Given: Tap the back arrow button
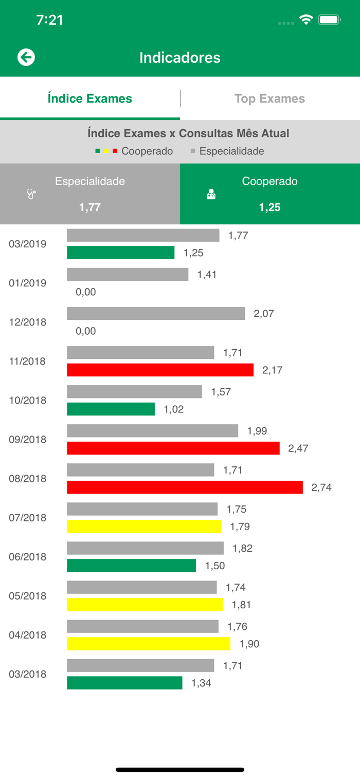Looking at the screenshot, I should [26, 57].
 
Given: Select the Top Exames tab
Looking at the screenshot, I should [269, 99].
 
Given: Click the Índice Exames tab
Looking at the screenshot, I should [90, 99].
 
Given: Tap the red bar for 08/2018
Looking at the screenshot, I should [185, 487].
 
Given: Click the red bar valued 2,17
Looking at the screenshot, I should [160, 370].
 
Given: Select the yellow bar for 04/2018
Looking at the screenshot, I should [149, 643].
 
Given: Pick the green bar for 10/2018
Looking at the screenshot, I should [111, 409].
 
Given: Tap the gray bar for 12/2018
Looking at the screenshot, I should [156, 313].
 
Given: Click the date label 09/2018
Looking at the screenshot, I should [27, 440].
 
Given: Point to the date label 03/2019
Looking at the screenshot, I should [27, 244].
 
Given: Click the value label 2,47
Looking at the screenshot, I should [298, 448].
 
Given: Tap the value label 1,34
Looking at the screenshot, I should [201, 683].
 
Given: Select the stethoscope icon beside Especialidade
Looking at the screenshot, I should [31, 194].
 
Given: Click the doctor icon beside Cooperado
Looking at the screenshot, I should [211, 194].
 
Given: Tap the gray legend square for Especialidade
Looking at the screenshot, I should [193, 151].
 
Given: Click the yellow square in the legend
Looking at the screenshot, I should [106, 151].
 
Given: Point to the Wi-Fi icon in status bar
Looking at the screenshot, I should [307, 20].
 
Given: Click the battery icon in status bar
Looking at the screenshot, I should [329, 20].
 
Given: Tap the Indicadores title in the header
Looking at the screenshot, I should [180, 58].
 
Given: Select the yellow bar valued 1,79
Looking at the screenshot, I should [144, 526].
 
